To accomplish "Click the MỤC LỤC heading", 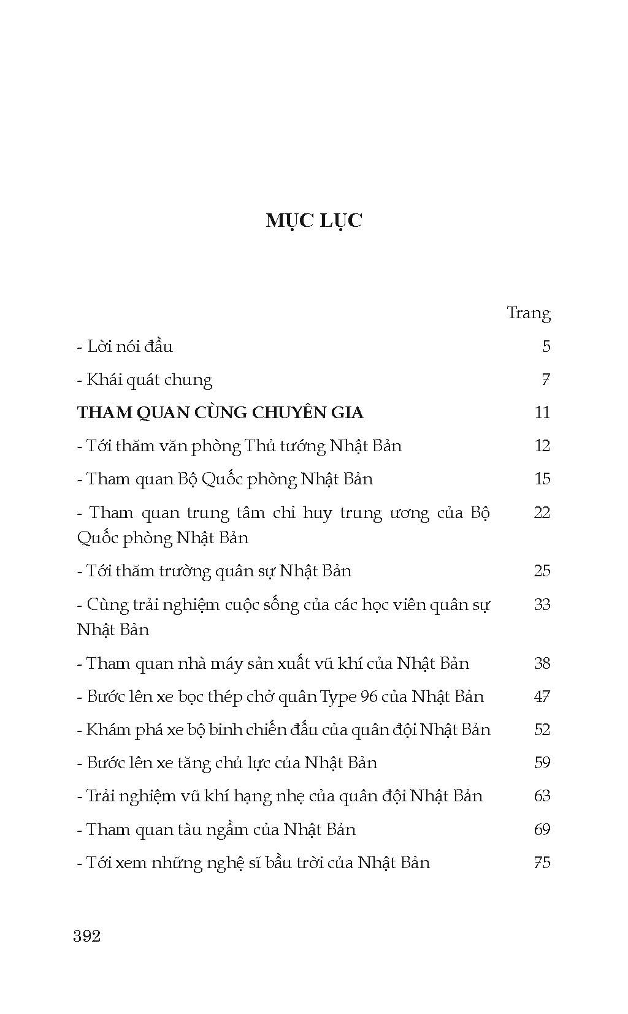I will tap(314, 221).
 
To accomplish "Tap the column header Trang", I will tap(528, 314).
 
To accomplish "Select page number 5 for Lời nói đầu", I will tap(546, 346).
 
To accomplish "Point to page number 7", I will tap(545, 380).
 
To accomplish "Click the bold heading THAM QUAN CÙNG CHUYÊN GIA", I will tap(220, 413).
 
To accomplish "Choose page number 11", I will tap(542, 413).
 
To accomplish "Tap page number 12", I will tap(542, 446).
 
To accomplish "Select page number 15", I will tap(542, 479).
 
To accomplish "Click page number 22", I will tap(542, 513).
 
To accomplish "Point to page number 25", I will tap(542, 571).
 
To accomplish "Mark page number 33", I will tap(542, 604).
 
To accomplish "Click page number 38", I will tap(542, 663).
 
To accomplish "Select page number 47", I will tap(542, 697).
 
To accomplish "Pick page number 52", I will tap(542, 730).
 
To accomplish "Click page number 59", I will tap(542, 763).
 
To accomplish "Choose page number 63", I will tap(542, 796).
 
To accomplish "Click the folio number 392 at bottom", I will tap(86, 936).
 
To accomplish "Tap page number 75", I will tap(542, 863).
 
